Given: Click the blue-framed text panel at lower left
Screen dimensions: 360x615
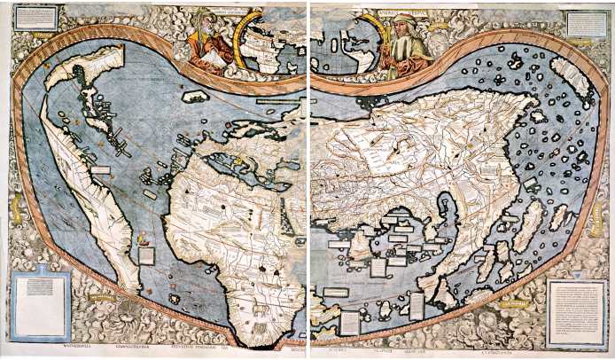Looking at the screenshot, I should [x=40, y=306].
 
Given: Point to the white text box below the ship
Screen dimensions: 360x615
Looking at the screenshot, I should [x=145, y=255].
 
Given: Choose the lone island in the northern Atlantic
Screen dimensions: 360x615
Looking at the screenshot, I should [x=196, y=96].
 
